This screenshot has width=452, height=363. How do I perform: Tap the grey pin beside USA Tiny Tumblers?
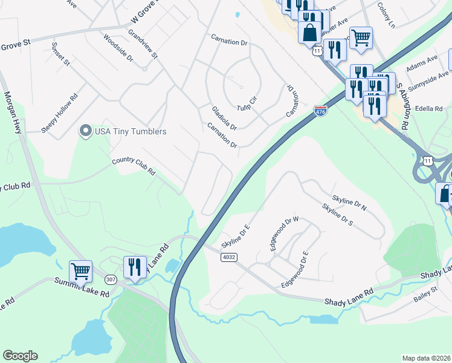(85, 131)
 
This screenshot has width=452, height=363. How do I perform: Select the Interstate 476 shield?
(320, 111)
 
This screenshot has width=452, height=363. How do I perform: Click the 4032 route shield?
(229, 257)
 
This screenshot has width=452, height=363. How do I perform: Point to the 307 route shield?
(111, 279)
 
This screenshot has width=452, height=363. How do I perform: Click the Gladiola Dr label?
(224, 118)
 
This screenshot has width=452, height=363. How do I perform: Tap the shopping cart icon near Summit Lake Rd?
(80, 270)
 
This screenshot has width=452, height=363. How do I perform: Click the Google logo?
(20, 356)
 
